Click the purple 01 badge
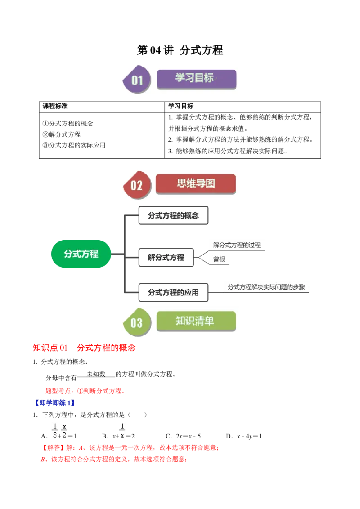tap(137, 80)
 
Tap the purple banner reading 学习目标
tap(196, 79)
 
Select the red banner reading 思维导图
tap(196, 184)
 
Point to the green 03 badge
tap(137, 322)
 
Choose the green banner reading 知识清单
tap(196, 321)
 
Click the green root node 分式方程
tap(81, 254)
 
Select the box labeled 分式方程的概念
tap(173, 215)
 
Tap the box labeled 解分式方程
tap(166, 258)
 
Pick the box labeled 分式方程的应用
tap(173, 292)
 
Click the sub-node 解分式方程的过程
tap(237, 245)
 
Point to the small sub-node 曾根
tap(219, 259)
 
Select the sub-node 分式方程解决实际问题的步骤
tap(266, 287)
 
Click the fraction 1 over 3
tap(55, 430)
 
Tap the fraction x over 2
tap(65, 430)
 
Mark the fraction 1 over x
tap(122, 430)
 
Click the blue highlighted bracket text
tap(54, 403)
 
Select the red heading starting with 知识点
tap(84, 348)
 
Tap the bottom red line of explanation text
tap(113, 460)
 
